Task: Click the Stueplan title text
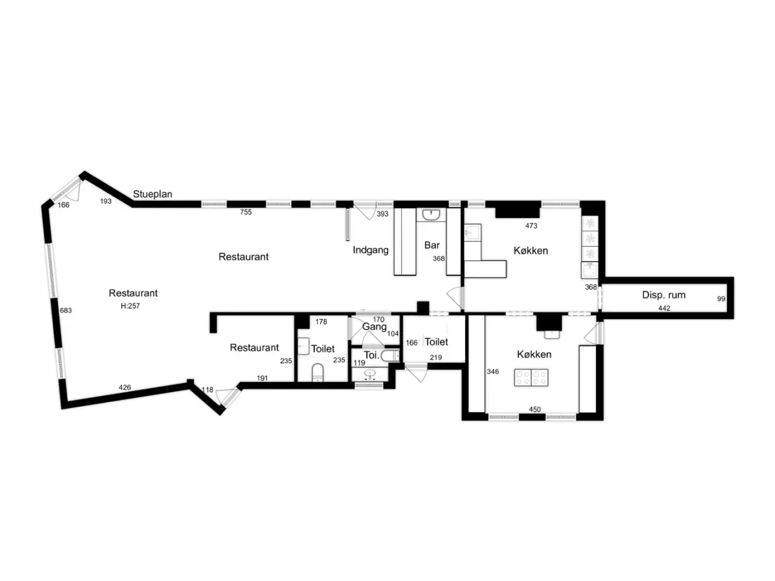(152, 194)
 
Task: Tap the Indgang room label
(371, 250)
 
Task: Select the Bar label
(432, 245)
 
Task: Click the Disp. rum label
(664, 295)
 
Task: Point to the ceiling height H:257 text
(130, 306)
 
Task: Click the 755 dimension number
(246, 212)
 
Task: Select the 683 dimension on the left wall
(65, 310)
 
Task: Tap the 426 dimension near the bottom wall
(125, 387)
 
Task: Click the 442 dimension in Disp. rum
(664, 308)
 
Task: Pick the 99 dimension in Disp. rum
(721, 299)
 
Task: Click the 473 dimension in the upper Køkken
(531, 226)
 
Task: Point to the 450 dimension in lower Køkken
(535, 409)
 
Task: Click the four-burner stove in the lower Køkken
(531, 378)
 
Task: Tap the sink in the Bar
(431, 214)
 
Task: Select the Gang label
(374, 327)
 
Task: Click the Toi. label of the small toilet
(371, 355)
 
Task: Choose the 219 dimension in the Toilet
(436, 357)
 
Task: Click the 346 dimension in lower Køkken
(492, 372)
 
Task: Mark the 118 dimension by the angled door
(207, 390)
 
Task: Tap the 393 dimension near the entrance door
(383, 214)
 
